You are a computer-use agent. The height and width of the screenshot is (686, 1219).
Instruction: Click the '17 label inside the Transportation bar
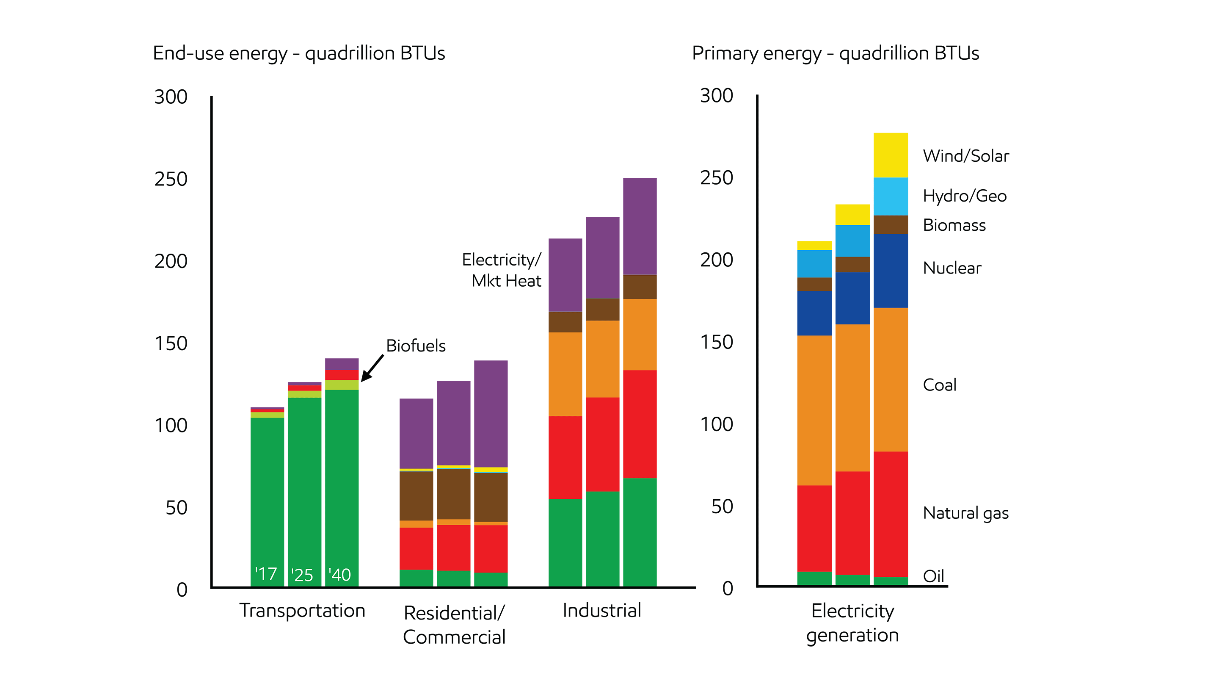(266, 574)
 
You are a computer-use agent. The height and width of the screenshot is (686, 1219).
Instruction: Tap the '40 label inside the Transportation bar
(340, 575)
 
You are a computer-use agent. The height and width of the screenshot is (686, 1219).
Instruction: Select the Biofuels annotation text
(416, 346)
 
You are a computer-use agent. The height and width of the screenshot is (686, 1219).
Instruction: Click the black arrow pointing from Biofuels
(372, 368)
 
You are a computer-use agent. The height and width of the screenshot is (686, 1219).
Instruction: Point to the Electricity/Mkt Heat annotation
(502, 270)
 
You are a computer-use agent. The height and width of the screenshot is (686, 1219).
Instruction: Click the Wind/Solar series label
(965, 156)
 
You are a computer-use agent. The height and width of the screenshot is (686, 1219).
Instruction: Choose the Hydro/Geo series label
(965, 196)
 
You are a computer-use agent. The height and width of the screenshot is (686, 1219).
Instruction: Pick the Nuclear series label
(951, 268)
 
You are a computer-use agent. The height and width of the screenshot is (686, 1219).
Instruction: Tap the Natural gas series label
(965, 513)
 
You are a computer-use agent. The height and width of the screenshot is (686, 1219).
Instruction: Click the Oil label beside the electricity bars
(933, 576)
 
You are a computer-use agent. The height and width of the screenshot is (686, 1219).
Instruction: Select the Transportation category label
(302, 610)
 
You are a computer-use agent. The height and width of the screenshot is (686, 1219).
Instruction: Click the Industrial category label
(601, 610)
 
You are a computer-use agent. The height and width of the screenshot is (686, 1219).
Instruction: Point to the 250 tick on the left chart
(171, 179)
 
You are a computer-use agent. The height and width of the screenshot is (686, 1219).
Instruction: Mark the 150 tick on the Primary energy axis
(717, 342)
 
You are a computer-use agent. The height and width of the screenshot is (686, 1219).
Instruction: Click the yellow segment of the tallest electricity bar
(890, 155)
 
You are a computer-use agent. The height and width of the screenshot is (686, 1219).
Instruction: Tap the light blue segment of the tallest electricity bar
(890, 196)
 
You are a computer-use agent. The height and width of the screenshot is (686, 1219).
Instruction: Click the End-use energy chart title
(298, 53)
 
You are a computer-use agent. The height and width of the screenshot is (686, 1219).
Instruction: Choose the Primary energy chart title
(835, 53)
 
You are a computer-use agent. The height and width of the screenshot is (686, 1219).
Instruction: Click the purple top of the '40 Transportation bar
(342, 364)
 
